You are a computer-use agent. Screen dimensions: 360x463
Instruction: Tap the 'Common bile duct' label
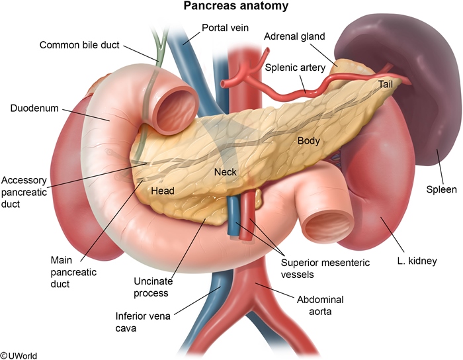80,45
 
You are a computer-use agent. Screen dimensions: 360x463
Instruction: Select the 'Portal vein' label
224,28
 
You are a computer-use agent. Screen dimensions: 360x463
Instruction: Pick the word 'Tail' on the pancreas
386,84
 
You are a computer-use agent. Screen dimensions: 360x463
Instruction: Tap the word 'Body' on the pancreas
308,140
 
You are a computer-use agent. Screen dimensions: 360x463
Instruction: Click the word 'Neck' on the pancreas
226,172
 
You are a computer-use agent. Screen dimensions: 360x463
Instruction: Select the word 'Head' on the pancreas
163,191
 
